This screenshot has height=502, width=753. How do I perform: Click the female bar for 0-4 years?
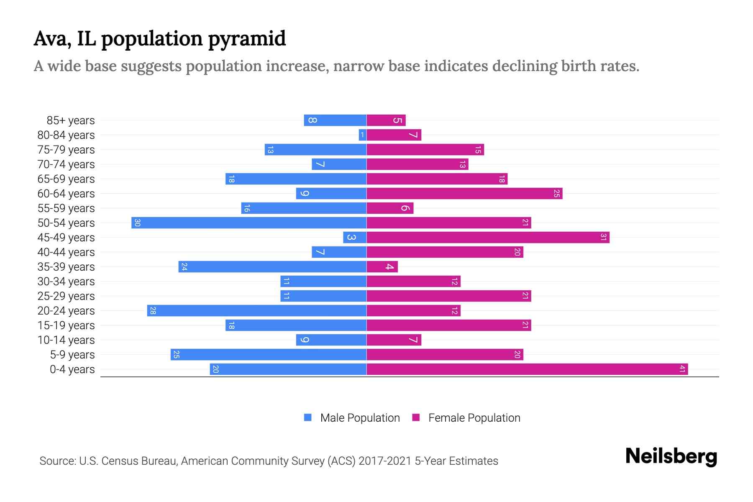tap(527, 369)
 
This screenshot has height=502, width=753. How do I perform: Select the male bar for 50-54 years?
tap(249, 223)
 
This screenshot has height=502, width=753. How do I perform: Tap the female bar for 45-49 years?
tap(488, 237)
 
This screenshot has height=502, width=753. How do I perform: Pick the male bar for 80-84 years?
tap(362, 135)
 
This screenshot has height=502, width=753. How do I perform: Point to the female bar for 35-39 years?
tap(382, 266)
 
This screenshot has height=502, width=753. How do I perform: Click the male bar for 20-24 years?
tap(257, 310)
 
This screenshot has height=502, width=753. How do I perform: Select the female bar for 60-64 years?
tap(464, 193)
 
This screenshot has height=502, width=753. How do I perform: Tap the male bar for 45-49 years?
tap(355, 237)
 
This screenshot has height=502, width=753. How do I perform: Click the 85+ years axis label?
tap(71, 120)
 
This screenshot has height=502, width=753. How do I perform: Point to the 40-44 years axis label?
tap(66, 252)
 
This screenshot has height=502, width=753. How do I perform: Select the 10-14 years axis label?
tap(66, 340)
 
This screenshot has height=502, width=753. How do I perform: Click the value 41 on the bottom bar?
tap(682, 369)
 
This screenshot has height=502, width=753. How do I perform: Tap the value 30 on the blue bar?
tap(137, 223)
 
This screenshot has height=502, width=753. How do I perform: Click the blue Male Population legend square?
tap(308, 417)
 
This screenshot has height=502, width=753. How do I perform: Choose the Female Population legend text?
tap(474, 417)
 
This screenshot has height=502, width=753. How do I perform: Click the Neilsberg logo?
tap(671, 456)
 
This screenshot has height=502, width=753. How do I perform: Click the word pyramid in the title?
tap(246, 39)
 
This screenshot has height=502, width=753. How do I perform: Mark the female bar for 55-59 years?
tap(390, 208)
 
